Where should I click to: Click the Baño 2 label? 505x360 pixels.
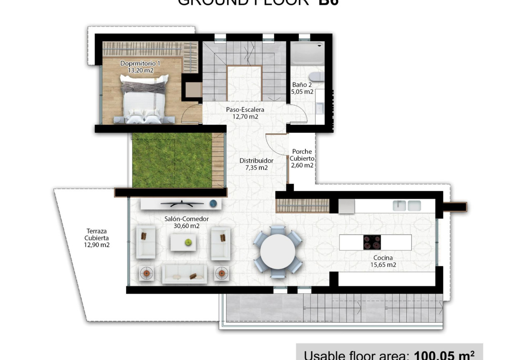302,85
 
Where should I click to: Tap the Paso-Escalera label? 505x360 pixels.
245,110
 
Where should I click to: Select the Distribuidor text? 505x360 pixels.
256,161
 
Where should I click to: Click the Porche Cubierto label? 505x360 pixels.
302,155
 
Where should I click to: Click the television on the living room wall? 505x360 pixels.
182,203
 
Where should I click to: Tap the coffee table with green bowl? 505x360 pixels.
183,242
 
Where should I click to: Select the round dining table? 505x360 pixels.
278,252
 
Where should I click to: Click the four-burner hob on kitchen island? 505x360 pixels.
372,242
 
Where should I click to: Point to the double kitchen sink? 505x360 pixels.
407,205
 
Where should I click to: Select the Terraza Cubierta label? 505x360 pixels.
97,238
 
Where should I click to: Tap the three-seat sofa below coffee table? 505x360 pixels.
184,274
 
